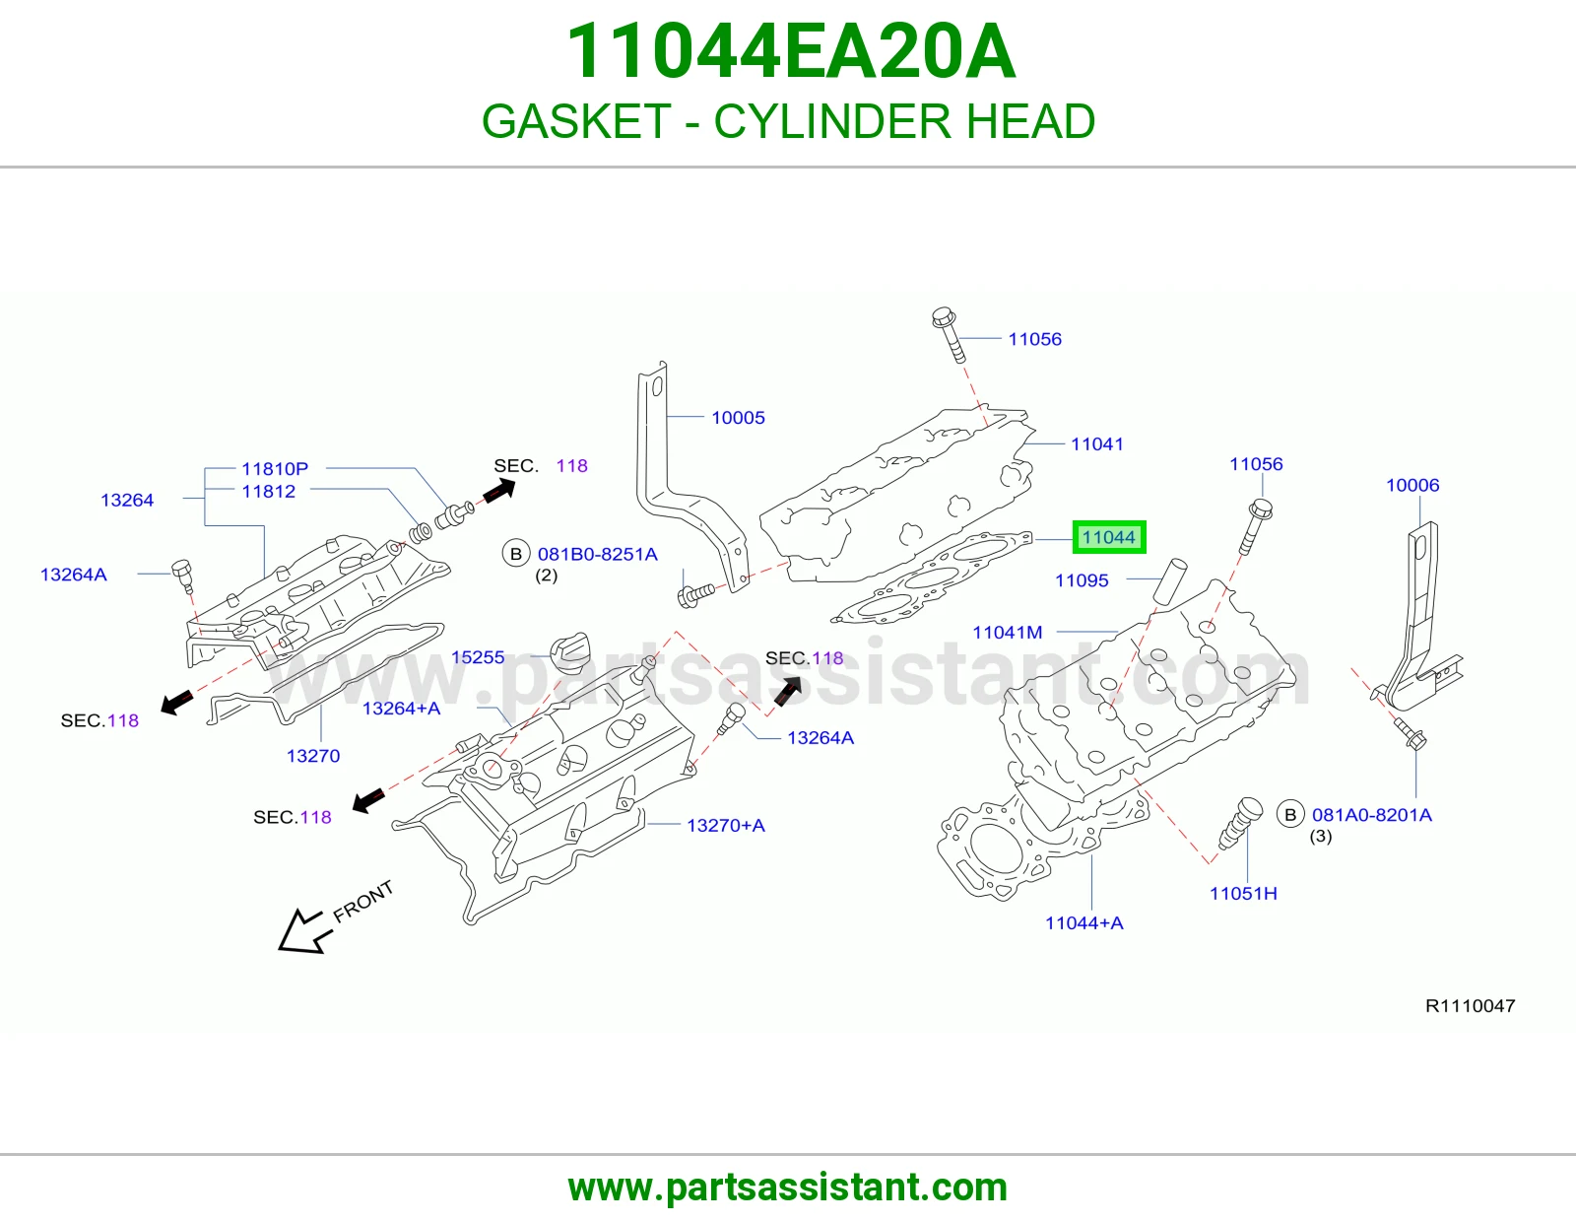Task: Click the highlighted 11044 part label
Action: tap(1109, 537)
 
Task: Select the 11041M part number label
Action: tap(1008, 632)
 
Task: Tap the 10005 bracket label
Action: tap(739, 417)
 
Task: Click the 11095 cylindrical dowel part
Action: tap(1169, 579)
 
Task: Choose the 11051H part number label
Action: tap(1243, 893)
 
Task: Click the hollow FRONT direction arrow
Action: tap(303, 931)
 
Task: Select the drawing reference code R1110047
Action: tap(1470, 1006)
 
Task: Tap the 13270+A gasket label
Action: tap(726, 825)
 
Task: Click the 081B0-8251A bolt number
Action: tap(598, 555)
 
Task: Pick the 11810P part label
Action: tap(275, 469)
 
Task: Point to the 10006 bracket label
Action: tap(1412, 485)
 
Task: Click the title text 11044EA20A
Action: tap(790, 51)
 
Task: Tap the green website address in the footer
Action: tap(788, 1188)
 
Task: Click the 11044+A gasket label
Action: tap(1084, 923)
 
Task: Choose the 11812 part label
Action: tap(268, 492)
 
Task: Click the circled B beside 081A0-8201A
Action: tap(1290, 815)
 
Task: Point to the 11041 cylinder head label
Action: tap(1097, 444)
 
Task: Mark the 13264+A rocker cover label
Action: tap(402, 709)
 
